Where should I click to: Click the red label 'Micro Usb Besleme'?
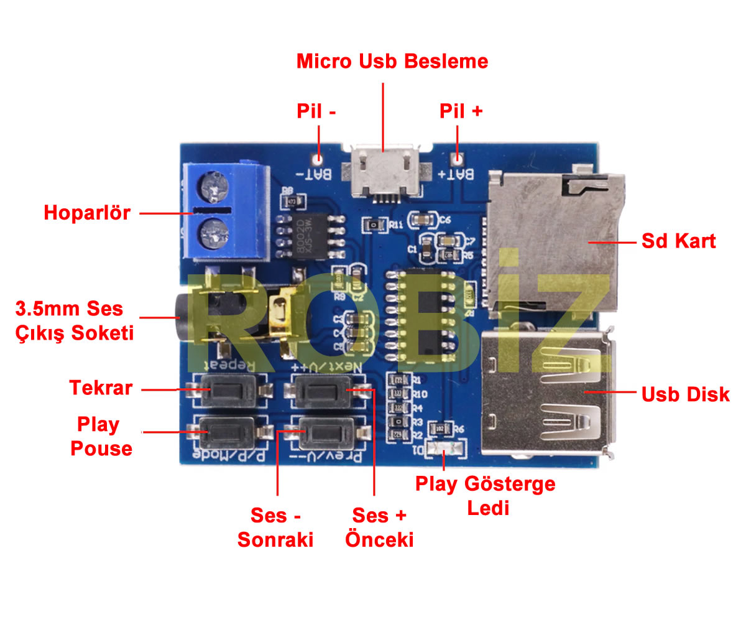(392, 62)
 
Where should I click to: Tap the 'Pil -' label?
(316, 111)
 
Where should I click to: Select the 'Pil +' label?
(461, 111)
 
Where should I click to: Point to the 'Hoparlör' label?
(87, 213)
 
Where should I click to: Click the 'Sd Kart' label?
(678, 241)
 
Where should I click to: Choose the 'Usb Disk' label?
(685, 394)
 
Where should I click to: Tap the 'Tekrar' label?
(101, 388)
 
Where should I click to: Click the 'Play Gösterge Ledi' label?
(485, 495)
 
